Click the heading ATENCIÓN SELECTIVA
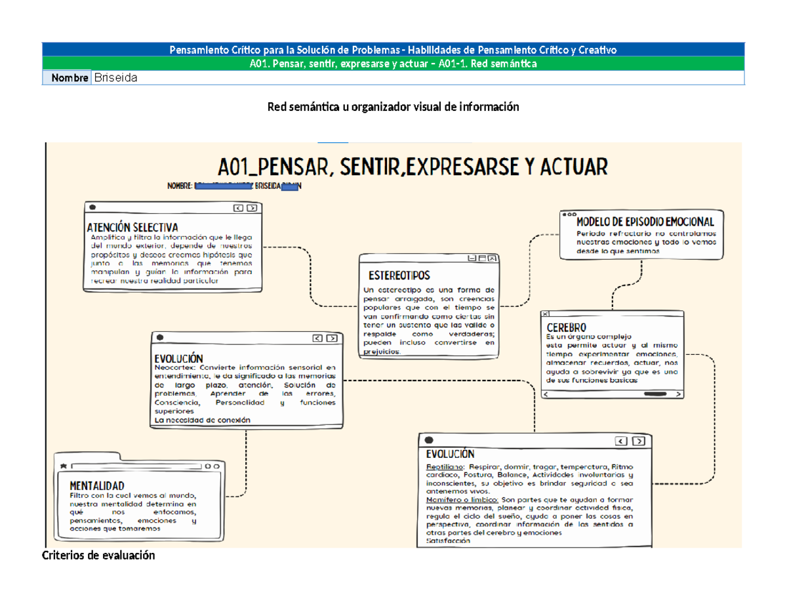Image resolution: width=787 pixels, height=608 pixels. point(132,227)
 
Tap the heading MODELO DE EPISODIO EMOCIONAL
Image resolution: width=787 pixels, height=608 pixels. point(645,222)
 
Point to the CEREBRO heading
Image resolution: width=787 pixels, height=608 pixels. point(566,327)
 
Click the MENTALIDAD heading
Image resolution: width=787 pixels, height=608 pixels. point(97,485)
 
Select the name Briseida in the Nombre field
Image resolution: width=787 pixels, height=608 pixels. point(116,78)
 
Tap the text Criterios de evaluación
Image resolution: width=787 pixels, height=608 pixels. point(98,556)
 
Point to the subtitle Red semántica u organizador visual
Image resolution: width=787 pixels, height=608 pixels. point(393,107)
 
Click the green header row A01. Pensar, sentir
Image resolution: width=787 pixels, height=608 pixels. point(393,64)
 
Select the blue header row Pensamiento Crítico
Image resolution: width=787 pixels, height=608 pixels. point(393,50)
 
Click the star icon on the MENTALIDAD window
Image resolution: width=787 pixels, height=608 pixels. point(63,464)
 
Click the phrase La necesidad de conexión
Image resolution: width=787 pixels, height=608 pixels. point(202,420)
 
